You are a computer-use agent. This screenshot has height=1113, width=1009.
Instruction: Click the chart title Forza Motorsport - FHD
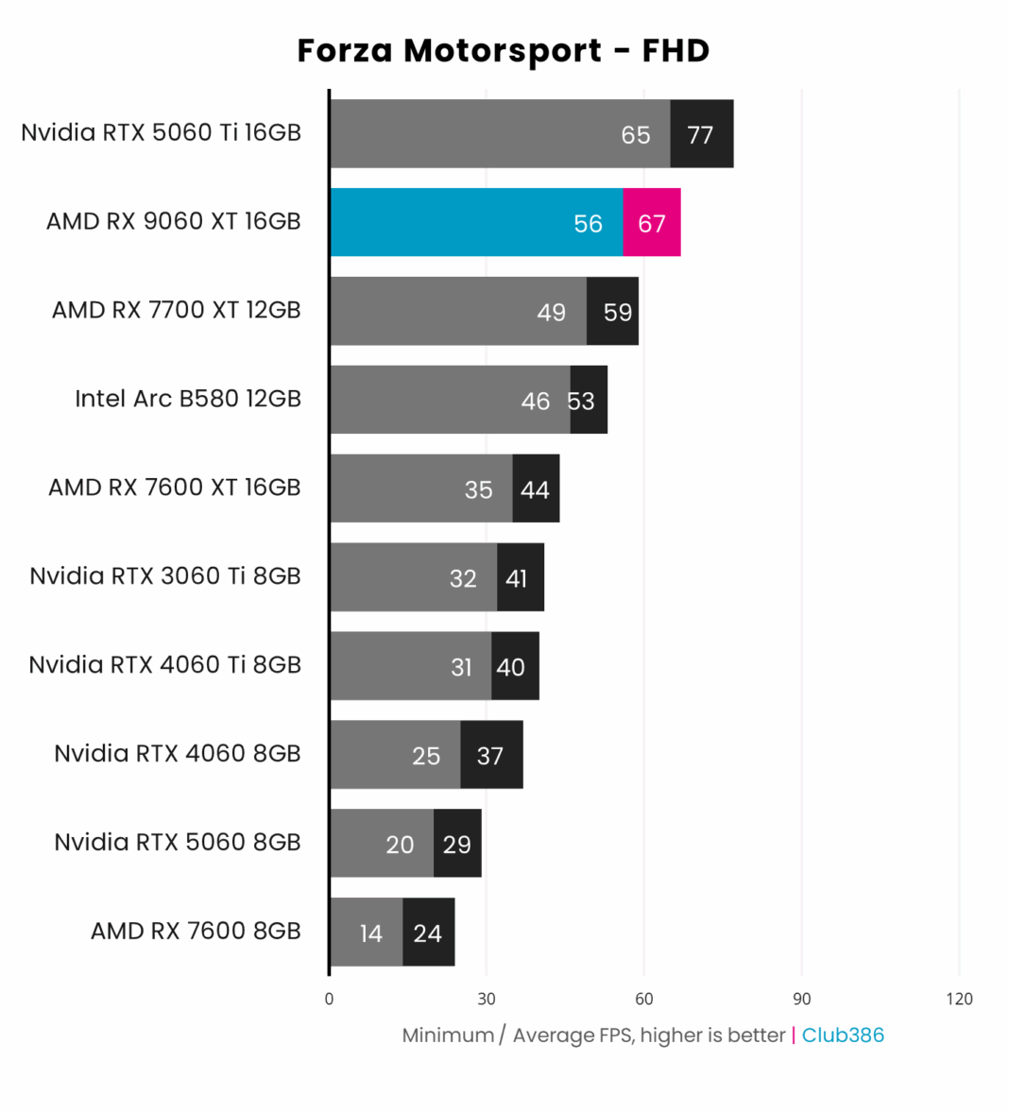coord(503,50)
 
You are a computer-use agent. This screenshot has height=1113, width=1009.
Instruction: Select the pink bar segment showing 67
coord(651,223)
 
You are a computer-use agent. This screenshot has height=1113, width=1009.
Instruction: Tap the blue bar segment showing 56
coord(476,223)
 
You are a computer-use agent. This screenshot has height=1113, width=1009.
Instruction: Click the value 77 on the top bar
coord(700,135)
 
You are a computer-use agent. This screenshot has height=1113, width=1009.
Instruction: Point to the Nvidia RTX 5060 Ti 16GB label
coord(161,132)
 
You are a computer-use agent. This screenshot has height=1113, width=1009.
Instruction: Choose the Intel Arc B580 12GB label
coord(187,399)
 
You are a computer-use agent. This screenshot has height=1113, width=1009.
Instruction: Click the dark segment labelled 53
coord(589,401)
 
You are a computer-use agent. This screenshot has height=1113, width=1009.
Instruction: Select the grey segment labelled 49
coord(458,312)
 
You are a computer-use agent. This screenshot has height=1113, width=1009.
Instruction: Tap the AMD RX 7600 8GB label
coord(195,931)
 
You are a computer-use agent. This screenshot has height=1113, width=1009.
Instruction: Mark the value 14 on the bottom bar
coord(370,933)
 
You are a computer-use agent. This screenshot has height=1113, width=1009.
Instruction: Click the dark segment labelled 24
coord(428,933)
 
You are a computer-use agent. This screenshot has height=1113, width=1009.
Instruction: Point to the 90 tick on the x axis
coord(801,999)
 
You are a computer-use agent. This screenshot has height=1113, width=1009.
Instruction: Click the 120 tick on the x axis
coord(959,999)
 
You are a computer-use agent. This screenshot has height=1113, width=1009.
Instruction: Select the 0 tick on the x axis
coord(329,999)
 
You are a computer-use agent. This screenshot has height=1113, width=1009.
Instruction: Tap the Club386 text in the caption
coord(843,1035)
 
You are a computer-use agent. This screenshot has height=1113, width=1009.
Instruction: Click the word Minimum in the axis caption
coord(448,1035)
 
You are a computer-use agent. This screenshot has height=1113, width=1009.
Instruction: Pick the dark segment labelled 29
coord(457,844)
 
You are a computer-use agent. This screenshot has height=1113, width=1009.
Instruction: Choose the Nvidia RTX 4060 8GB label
coord(177,753)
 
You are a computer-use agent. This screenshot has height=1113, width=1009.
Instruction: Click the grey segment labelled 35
coord(421,488)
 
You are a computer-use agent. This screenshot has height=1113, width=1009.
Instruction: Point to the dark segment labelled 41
coord(520,578)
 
